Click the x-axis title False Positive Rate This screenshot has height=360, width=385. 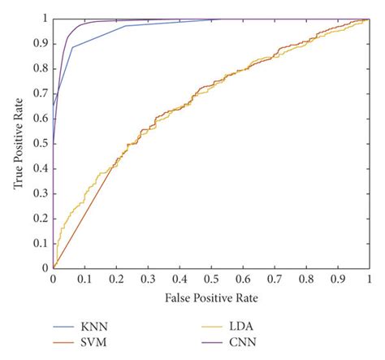210,297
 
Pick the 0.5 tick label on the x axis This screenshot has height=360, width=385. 211,278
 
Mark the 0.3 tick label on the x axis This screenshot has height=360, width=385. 148,278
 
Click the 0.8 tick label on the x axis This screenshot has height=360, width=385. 306,278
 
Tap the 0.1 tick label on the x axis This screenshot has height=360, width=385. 84,278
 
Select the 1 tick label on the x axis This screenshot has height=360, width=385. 370,278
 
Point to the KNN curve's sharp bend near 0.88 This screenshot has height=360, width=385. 72,47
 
